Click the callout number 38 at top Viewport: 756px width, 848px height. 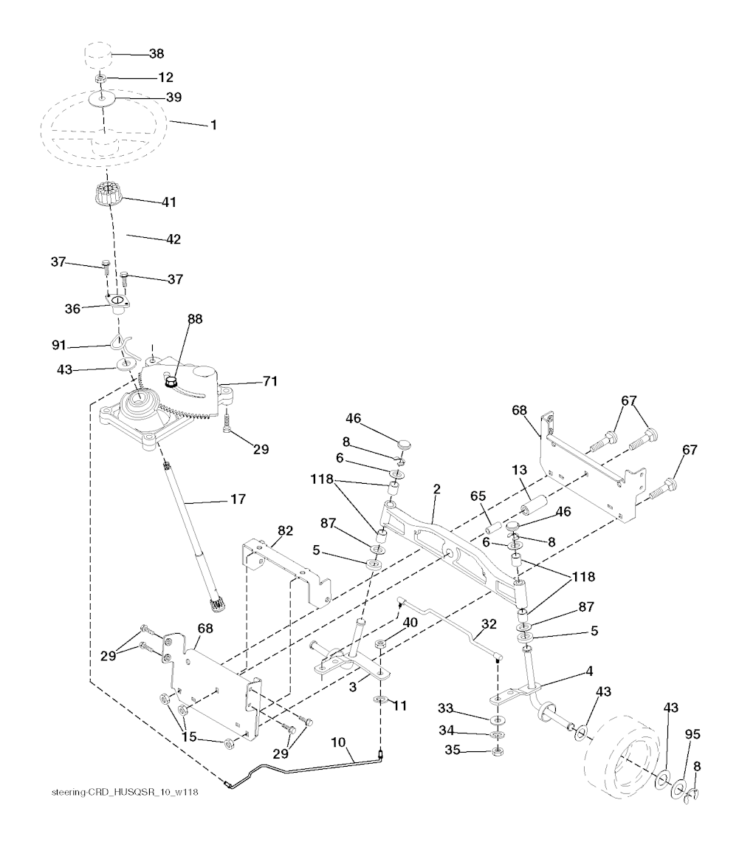pyautogui.click(x=157, y=53)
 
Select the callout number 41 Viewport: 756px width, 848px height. pyautogui.click(x=169, y=202)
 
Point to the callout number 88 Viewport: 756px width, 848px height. pyautogui.click(x=195, y=319)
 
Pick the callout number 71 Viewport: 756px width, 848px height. pyautogui.click(x=270, y=381)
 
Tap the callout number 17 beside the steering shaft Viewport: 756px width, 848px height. pyautogui.click(x=238, y=499)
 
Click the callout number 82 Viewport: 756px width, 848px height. pyautogui.click(x=285, y=530)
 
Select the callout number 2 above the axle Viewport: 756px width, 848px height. pyautogui.click(x=436, y=489)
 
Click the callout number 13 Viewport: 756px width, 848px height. pyautogui.click(x=519, y=470)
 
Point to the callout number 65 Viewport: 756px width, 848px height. pyautogui.click(x=478, y=496)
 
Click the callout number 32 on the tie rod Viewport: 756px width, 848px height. pyautogui.click(x=489, y=623)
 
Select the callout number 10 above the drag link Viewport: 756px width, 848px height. pyautogui.click(x=338, y=742)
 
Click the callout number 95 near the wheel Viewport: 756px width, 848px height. pyautogui.click(x=693, y=734)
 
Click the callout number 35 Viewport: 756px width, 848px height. pyautogui.click(x=453, y=750)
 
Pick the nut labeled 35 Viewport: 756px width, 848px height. pyautogui.click(x=498, y=752)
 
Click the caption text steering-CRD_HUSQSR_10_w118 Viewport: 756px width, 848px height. pyautogui.click(x=125, y=793)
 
